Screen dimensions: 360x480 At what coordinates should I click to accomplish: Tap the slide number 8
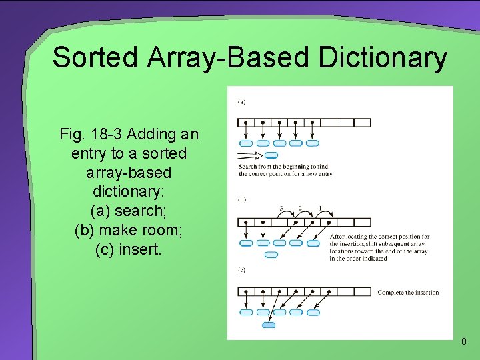point(464,342)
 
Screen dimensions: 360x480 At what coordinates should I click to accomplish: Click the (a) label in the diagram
point(241,102)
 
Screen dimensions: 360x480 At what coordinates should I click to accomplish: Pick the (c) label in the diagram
point(241,269)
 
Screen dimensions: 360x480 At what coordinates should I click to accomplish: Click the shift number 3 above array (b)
point(281,209)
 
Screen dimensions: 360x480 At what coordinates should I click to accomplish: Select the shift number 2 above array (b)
point(300,209)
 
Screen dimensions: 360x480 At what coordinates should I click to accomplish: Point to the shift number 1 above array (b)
point(320,209)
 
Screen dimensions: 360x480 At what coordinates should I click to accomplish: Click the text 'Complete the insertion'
point(408,293)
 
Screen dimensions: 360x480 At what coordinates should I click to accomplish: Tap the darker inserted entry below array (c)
point(268,325)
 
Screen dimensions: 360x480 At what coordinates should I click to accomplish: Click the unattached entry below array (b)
point(271,255)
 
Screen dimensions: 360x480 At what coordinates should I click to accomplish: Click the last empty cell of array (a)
point(362,123)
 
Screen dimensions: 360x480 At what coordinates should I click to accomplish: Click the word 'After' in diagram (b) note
point(337,237)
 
